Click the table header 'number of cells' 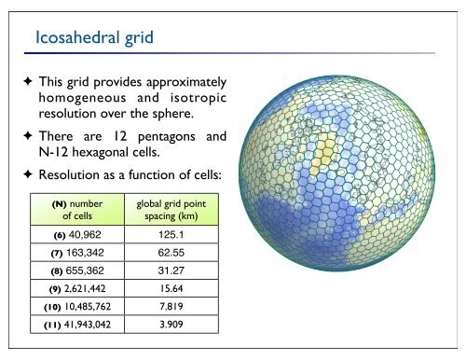point(73,208)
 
